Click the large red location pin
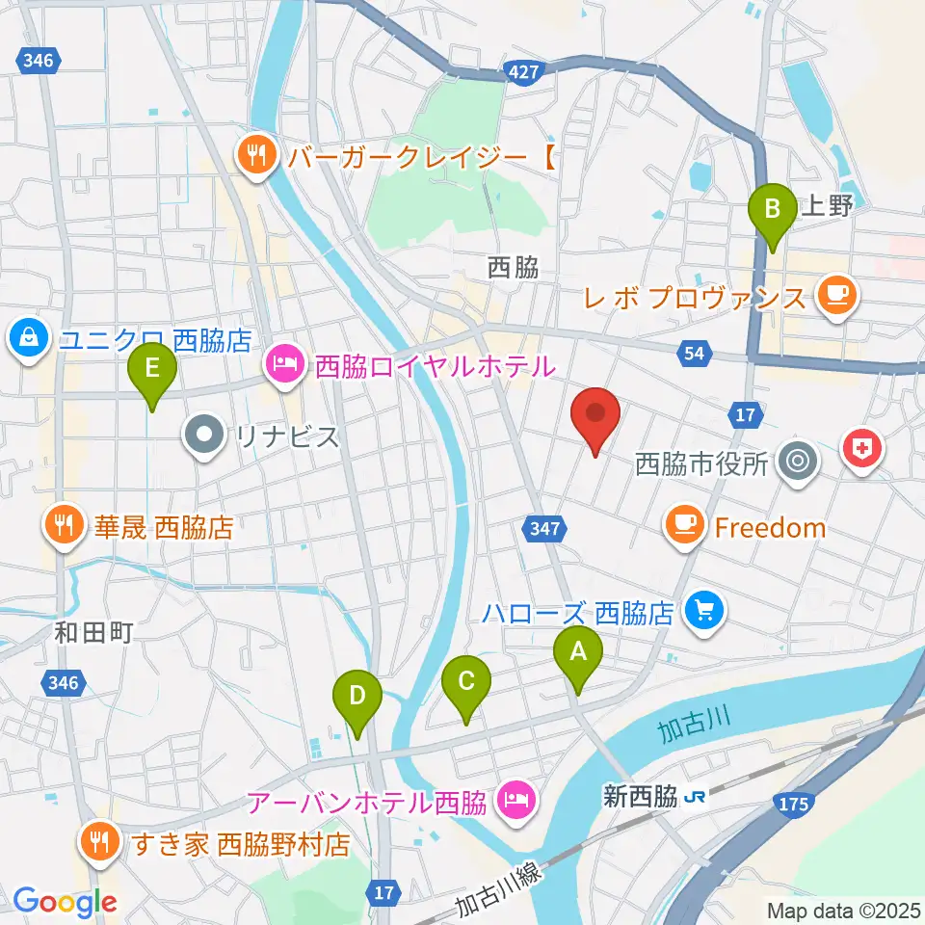[595, 418]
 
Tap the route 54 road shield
[695, 354]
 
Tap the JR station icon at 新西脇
[694, 798]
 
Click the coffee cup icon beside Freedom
[685, 526]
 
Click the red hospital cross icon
[862, 448]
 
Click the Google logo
[64, 902]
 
